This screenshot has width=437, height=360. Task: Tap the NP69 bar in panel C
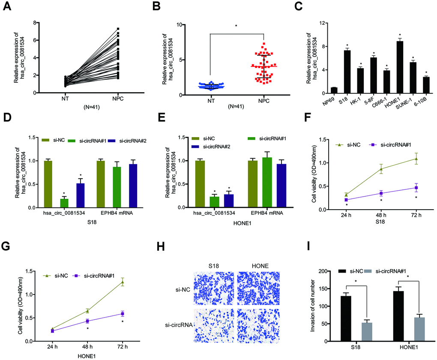tap(334, 90)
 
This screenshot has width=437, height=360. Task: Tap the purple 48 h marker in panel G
tap(87, 321)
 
